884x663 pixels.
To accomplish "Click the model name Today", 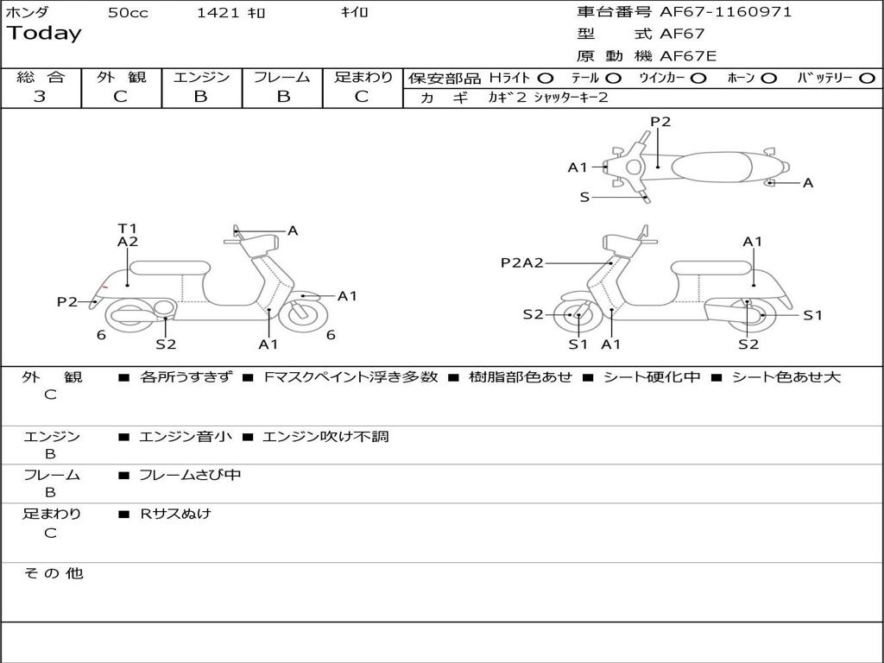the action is (44, 34).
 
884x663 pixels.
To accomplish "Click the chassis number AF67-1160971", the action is (725, 12).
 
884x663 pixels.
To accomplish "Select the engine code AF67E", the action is (688, 56).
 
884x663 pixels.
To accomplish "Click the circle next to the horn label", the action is (768, 79).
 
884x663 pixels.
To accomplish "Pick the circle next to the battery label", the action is (868, 79).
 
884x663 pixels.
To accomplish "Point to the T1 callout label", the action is (128, 228).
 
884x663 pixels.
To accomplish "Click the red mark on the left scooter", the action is (104, 287).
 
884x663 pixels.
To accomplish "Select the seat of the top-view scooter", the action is (712, 167).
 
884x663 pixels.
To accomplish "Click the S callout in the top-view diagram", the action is (584, 198).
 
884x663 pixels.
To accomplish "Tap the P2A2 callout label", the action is (522, 262).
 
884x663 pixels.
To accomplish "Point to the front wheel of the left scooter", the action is (303, 314).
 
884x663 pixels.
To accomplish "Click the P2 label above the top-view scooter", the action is (660, 122).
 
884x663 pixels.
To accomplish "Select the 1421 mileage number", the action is (218, 12).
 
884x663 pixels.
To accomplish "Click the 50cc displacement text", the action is (128, 12).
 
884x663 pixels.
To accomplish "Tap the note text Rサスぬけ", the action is (175, 514).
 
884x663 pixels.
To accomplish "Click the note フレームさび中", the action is (190, 476).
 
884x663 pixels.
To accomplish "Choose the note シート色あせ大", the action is (786, 377).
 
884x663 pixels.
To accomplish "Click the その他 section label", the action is (54, 573).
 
